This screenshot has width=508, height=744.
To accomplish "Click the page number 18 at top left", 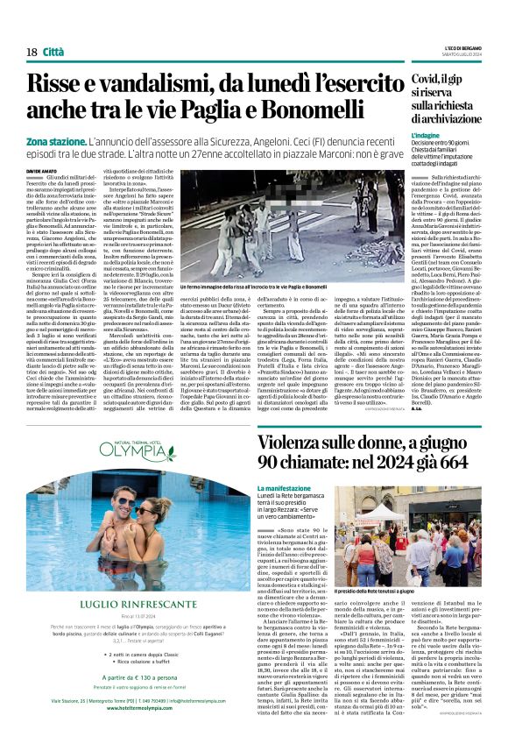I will tap(32, 53).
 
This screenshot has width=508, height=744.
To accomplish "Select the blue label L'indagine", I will tap(427, 137).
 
